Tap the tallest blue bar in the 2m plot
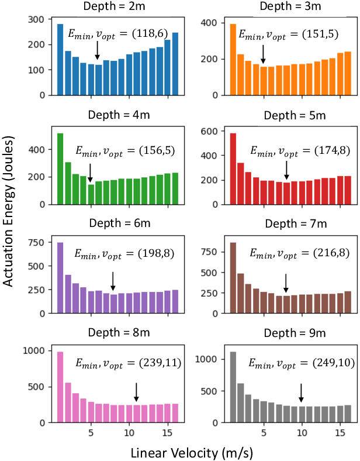60,59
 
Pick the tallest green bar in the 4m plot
60,169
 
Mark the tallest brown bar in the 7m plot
233,278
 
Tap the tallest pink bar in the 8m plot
60,387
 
